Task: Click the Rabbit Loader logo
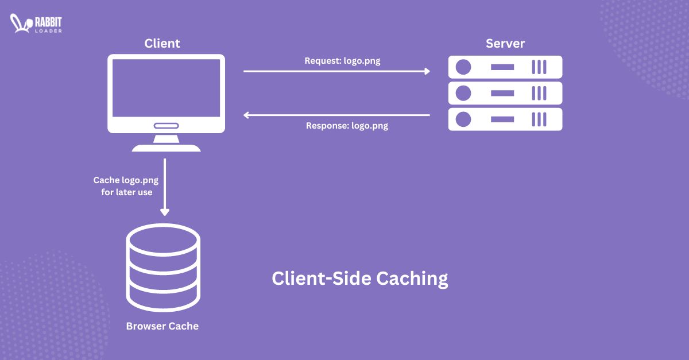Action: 36,24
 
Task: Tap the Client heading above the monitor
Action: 162,43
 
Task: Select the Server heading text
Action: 505,43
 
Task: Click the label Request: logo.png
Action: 342,60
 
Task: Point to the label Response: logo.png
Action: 347,125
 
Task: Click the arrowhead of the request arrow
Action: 427,71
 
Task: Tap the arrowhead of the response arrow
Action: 246,115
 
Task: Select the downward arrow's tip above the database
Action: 165,212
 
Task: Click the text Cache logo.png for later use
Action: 126,186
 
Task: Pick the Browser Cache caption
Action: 162,326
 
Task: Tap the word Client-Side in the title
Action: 322,278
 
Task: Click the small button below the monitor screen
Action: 166,126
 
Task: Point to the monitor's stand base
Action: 166,148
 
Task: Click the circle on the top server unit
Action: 463,67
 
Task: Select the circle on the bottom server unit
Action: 463,119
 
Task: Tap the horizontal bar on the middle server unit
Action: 502,93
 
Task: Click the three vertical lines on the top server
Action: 539,67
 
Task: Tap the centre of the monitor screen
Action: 166,88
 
